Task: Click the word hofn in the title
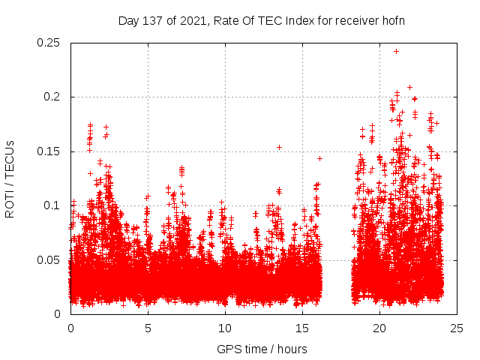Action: [x=393, y=20]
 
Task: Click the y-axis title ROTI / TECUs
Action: [x=10, y=178]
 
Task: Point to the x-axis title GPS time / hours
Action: [x=262, y=349]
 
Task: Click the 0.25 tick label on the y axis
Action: [x=49, y=43]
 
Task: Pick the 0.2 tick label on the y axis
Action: [x=54, y=97]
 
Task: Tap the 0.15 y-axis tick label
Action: [x=49, y=151]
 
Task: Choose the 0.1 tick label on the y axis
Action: [x=54, y=205]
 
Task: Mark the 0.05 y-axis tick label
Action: [x=49, y=259]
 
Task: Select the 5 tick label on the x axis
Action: [x=148, y=328]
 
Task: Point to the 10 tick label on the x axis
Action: [x=225, y=328]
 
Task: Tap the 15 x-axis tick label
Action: [x=302, y=328]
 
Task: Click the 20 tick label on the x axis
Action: [x=379, y=328]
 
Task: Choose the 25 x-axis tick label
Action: [x=457, y=328]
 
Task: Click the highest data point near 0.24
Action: [x=396, y=52]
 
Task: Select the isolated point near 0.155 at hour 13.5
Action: [x=279, y=147]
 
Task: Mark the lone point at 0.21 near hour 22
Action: [x=409, y=87]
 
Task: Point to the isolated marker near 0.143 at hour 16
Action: [x=319, y=158]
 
